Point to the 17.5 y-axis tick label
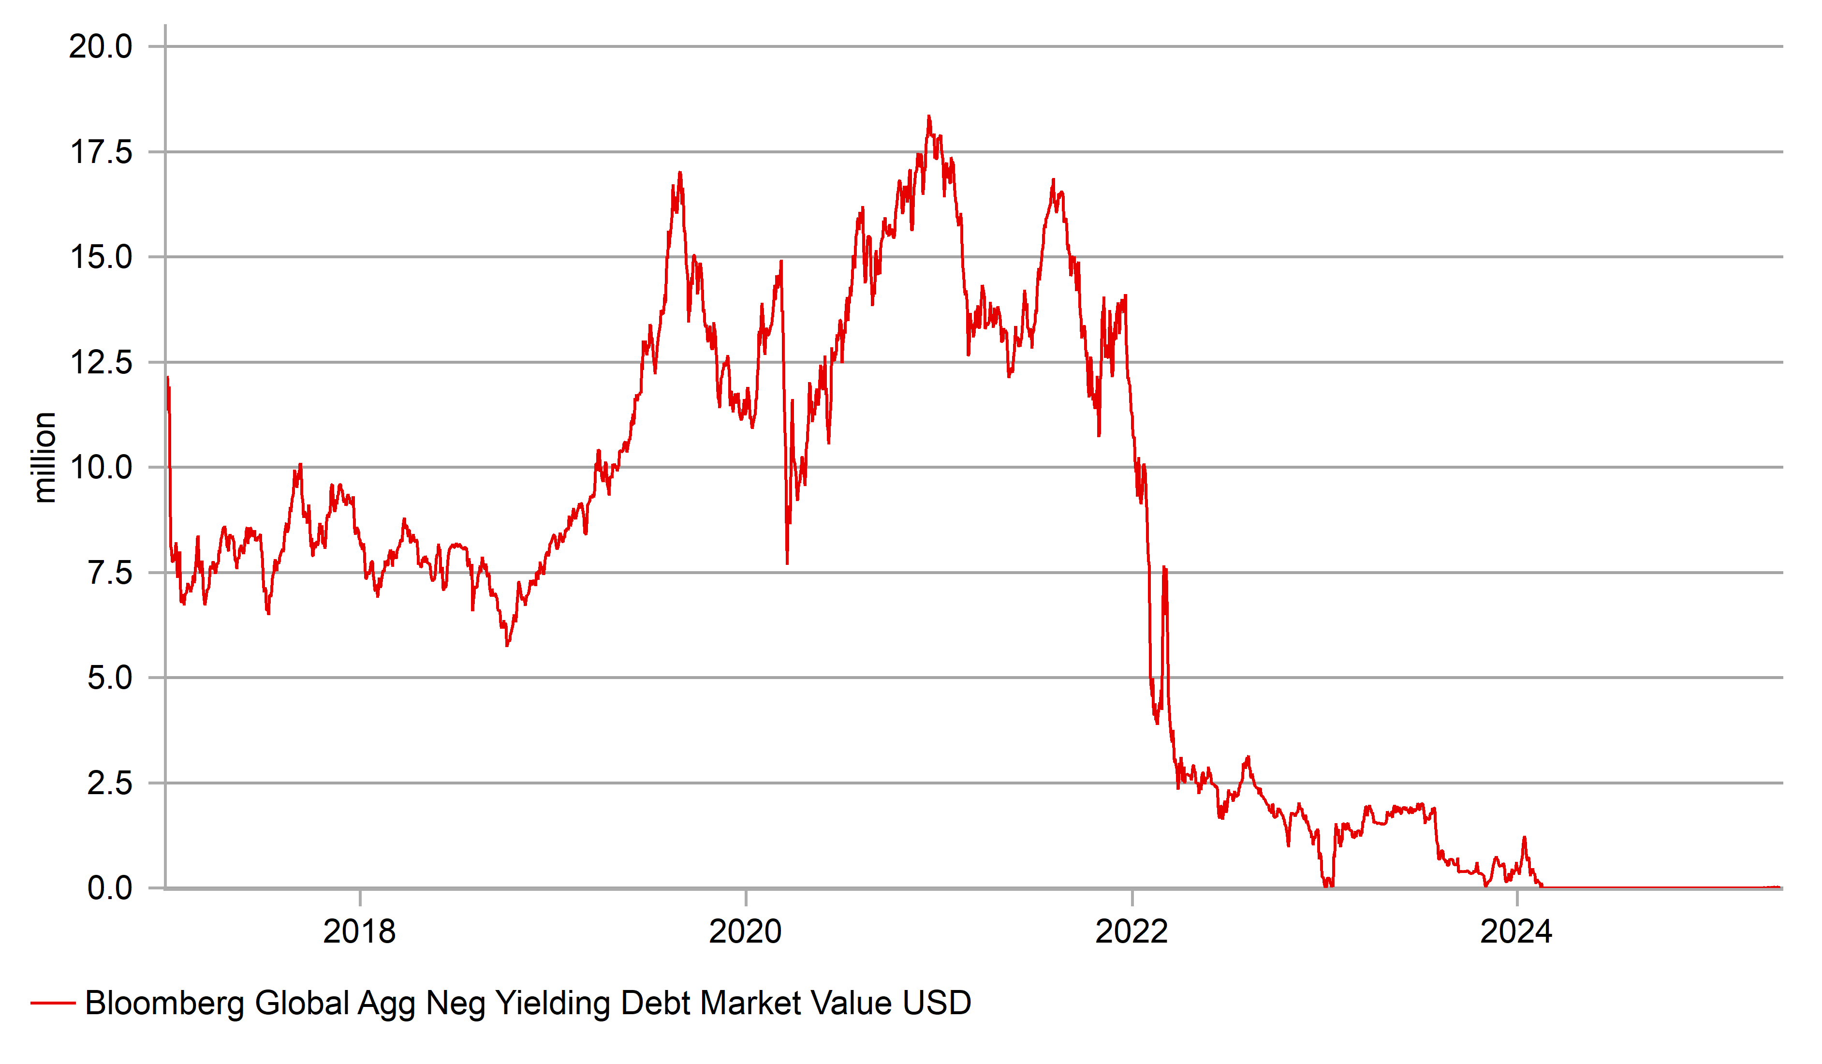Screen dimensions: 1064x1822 pos(101,153)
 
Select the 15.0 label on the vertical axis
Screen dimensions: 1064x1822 pos(101,257)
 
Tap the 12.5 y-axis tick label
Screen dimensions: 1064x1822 pos(101,362)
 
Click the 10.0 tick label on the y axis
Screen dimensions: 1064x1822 pos(101,468)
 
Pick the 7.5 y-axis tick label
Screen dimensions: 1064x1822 pos(110,573)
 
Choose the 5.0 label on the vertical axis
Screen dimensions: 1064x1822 pos(110,679)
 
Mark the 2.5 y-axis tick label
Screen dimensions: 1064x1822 pos(110,783)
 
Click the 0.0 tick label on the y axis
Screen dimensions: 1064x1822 pos(110,888)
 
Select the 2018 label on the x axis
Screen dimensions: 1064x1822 pos(359,931)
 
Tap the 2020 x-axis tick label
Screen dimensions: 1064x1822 pos(746,931)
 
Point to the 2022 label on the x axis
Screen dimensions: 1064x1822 pos(1131,931)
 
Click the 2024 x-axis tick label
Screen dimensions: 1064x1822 pos(1516,931)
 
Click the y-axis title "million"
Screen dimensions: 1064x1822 pos(45,457)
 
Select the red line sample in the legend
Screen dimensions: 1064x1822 pos(53,1003)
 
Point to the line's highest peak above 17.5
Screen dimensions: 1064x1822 pos(929,117)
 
